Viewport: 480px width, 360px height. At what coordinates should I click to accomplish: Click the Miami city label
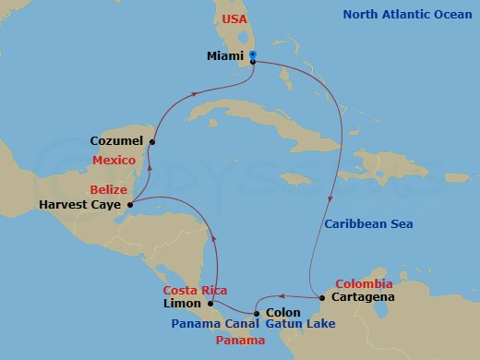click(226, 56)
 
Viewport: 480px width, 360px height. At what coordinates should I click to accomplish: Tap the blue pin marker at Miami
click(253, 57)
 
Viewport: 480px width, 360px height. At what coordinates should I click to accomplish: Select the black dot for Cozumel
click(152, 141)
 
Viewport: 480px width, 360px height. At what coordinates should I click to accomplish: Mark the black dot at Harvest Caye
click(129, 204)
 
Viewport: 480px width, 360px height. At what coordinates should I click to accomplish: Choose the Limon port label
click(183, 304)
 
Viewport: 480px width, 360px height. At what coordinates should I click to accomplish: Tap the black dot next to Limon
click(210, 303)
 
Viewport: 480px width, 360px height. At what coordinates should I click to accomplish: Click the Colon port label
click(282, 313)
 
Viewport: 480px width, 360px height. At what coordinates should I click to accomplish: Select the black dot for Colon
click(257, 314)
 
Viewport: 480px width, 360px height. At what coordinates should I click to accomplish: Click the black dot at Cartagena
click(321, 298)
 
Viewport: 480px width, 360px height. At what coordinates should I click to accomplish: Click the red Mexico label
click(115, 160)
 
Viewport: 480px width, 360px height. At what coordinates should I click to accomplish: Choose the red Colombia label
click(363, 283)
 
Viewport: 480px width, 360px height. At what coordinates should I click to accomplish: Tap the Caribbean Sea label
click(368, 224)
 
